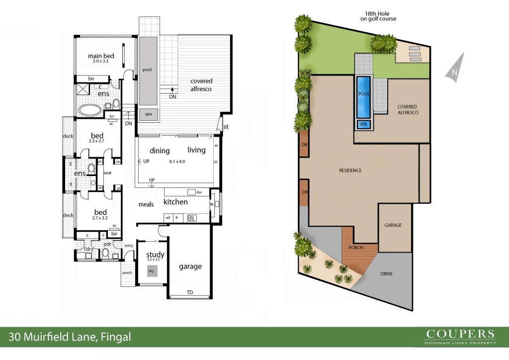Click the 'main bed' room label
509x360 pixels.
click(101, 56)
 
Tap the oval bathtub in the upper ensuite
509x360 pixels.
click(90, 110)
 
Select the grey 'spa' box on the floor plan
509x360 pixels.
click(148, 114)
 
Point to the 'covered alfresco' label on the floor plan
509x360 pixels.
click(201, 85)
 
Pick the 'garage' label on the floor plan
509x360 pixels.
click(190, 267)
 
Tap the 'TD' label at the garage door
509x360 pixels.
click(190, 292)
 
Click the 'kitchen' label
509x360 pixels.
click(175, 202)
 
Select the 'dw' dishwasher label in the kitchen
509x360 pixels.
click(199, 192)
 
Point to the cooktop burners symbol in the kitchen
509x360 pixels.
click(191, 218)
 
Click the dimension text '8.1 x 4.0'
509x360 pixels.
click(177, 161)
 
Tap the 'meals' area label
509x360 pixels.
click(146, 204)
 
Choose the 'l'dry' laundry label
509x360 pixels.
click(88, 249)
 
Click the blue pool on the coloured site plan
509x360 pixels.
click(363, 97)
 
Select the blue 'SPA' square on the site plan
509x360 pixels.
click(363, 124)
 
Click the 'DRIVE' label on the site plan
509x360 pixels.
click(386, 273)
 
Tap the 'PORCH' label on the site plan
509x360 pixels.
click(356, 247)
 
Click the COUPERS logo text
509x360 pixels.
click(460, 334)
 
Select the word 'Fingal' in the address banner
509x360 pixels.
click(116, 337)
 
